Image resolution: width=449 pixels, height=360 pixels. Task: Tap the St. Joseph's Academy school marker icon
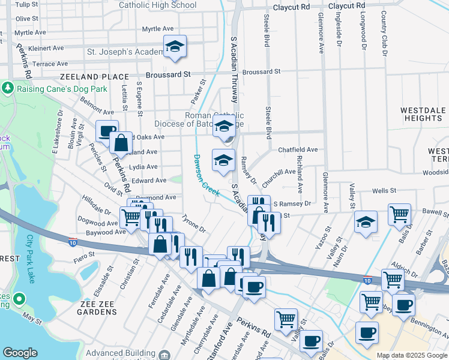pos(175,47)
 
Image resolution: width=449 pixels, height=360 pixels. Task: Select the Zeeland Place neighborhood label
pos(94,77)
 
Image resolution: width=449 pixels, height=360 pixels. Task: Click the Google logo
pos(20,353)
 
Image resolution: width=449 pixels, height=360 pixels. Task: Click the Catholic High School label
pos(158,5)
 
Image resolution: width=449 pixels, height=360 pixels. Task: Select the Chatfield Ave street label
pos(298,149)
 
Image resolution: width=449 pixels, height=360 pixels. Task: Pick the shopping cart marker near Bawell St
pos(399,213)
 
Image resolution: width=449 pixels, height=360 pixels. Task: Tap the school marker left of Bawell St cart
pos(366,221)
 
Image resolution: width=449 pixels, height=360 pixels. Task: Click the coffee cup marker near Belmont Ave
pos(107,130)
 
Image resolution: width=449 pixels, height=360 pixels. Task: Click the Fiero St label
pos(85,254)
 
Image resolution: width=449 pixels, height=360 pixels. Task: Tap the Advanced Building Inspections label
pos(122,353)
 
